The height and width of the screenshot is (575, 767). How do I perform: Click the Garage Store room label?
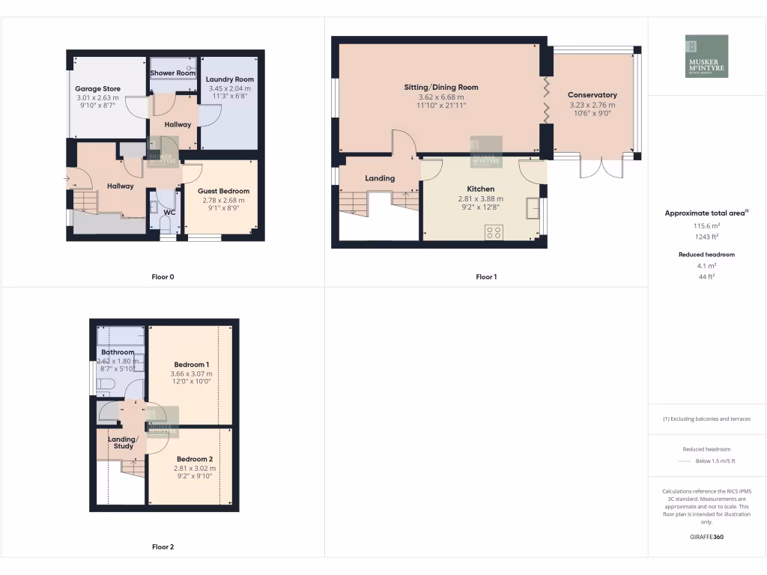[97, 89]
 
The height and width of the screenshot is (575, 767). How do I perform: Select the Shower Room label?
[173, 73]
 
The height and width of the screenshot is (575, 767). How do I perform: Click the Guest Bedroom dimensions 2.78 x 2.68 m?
[223, 200]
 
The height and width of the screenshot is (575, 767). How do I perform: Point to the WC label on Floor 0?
[169, 212]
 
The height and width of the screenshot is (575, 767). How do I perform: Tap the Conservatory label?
[592, 95]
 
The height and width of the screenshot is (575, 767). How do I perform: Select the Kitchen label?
[480, 189]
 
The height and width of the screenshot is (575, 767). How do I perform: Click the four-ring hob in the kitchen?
[494, 232]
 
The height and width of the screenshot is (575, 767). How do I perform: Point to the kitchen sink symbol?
[533, 207]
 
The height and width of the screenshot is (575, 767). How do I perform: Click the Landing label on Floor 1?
[380, 178]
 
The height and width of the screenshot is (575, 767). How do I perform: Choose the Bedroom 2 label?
[195, 459]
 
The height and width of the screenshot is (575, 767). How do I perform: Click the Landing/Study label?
[124, 442]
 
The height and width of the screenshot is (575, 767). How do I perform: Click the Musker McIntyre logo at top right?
[706, 56]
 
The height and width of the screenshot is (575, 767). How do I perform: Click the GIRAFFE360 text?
[707, 537]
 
